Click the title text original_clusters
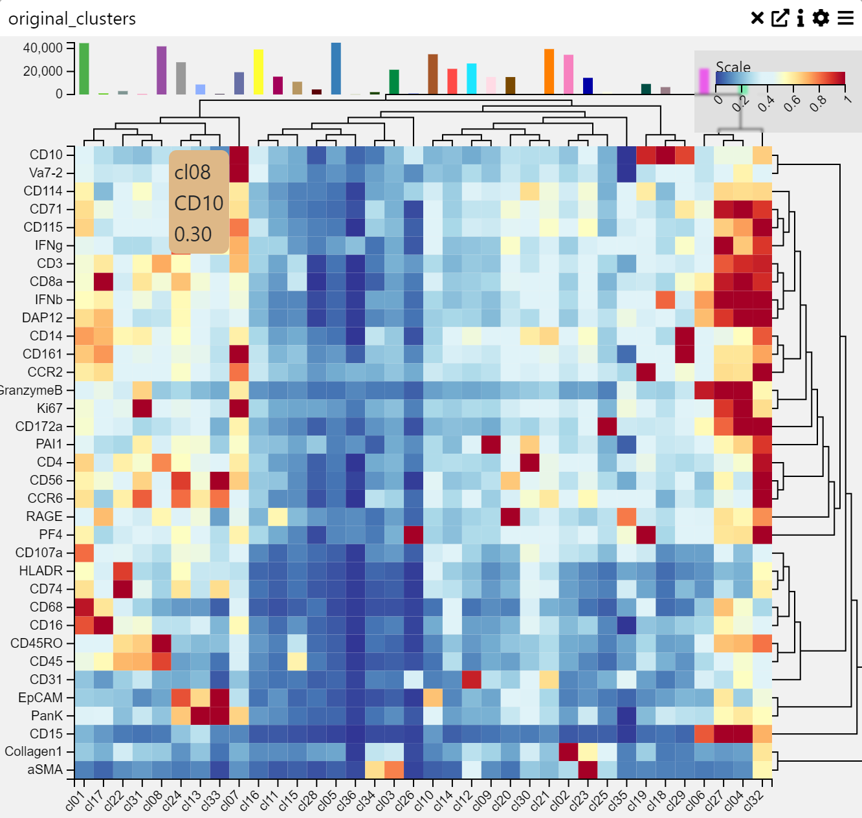coord(72,19)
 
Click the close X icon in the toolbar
coord(757,18)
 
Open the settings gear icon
coord(821,18)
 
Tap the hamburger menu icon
coord(846,18)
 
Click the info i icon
coord(801,18)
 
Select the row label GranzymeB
coord(30,390)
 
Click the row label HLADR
coord(40,571)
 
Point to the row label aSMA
coord(45,769)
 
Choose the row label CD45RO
coord(36,643)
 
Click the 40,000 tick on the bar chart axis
coord(43,48)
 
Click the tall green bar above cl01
coord(84,69)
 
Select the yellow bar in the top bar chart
coord(258,72)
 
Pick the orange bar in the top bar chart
coord(549,72)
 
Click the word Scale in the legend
coord(733,67)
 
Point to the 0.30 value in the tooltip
coord(193,234)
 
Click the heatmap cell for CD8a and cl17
coord(104,282)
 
